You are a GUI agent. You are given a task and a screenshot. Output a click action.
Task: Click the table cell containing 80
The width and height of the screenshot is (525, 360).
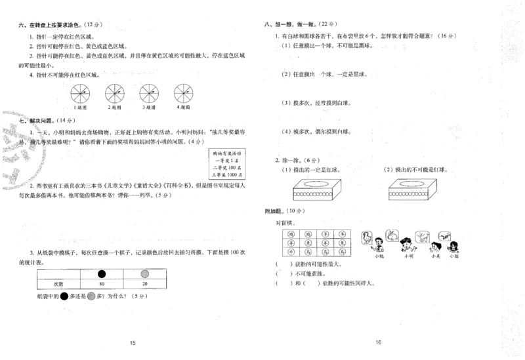pos(101,284)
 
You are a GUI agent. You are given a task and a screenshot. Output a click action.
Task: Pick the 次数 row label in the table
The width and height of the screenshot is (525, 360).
pos(58,284)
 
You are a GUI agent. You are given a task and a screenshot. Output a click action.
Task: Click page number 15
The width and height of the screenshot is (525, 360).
pos(132,344)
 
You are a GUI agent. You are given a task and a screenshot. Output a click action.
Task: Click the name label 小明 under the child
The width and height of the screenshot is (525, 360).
pos(409,256)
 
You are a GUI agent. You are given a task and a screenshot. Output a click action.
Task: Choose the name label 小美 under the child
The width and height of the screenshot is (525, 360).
pos(434,256)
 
